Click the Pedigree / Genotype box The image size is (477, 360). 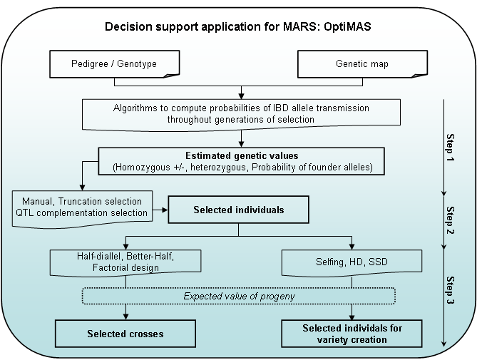click(115, 64)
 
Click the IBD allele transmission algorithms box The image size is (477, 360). click(241, 113)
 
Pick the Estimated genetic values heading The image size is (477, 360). click(241, 155)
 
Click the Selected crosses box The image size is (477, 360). click(125, 333)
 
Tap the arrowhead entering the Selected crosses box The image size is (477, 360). click(127, 317)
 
